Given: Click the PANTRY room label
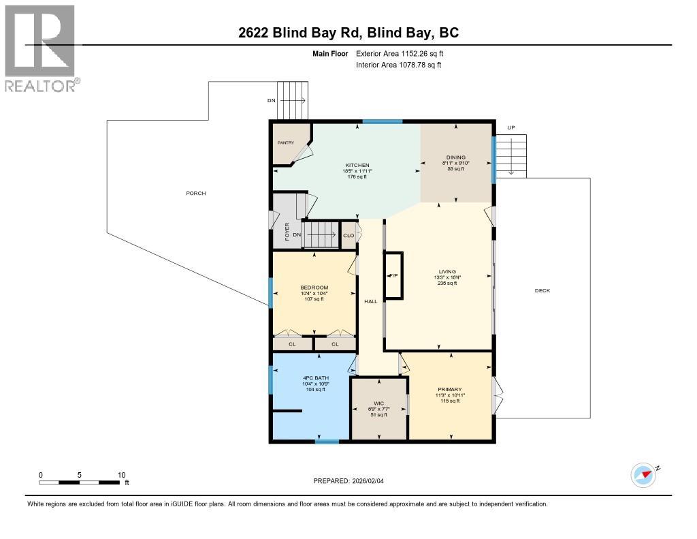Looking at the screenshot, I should [285, 142].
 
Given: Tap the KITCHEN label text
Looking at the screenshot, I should [357, 166].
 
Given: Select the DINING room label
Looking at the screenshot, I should [456, 158].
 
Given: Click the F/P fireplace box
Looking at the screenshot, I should [393, 275].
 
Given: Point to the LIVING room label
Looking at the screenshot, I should [447, 271].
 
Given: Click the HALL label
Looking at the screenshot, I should [370, 301].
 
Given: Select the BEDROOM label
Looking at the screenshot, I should [314, 288].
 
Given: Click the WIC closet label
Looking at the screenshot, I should [378, 403].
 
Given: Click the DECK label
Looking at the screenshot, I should [542, 291].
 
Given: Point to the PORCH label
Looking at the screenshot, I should [196, 194].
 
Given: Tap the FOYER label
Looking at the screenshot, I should [287, 232].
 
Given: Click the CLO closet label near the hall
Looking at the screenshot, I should [348, 236].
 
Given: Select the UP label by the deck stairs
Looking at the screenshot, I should [510, 128].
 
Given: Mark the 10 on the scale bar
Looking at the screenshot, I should [121, 475].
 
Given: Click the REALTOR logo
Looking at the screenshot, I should [41, 48].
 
